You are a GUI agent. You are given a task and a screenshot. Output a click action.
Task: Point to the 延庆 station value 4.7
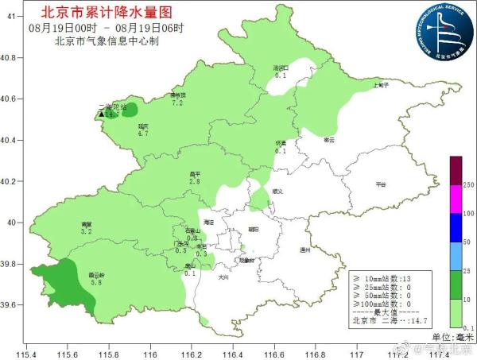click(x=143, y=134)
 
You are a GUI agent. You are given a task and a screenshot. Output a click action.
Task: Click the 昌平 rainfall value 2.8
click(x=194, y=182)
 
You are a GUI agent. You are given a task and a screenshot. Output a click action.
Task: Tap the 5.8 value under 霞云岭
click(x=96, y=282)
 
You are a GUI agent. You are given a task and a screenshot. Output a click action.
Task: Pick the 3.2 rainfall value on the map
click(x=87, y=231)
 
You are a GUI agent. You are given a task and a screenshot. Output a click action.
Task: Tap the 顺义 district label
click(x=277, y=191)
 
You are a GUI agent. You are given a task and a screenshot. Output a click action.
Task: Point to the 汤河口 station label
click(x=280, y=68)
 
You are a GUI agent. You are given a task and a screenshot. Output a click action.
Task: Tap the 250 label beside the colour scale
click(x=468, y=184)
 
